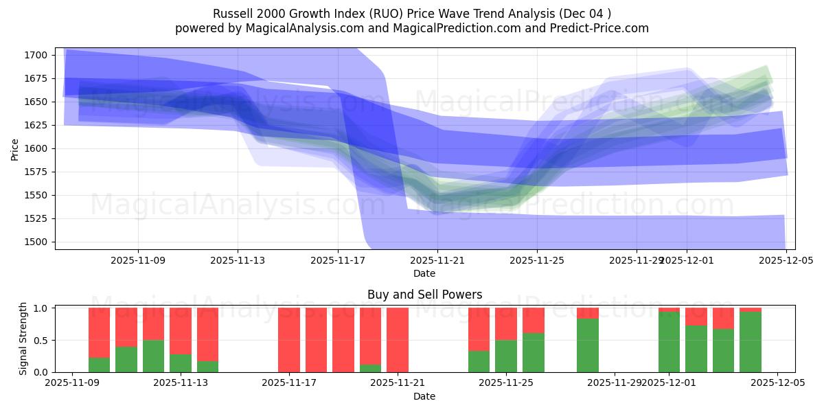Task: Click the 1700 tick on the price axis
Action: coord(36,55)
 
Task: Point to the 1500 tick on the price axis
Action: coord(36,242)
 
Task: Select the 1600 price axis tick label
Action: coord(36,148)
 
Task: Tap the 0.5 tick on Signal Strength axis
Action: coord(41,340)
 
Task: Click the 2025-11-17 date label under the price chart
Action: coord(337,261)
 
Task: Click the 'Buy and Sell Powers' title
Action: coord(424,295)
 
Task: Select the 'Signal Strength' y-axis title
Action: coord(23,338)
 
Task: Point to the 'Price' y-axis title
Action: coord(15,148)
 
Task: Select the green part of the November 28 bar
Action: coord(587,345)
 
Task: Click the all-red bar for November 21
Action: coord(398,340)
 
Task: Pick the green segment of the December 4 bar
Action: coord(751,342)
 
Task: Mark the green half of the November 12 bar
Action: coord(153,356)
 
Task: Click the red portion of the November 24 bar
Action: coord(479,329)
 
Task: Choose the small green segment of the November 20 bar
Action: coord(370,368)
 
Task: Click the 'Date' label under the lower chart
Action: coord(424,396)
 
